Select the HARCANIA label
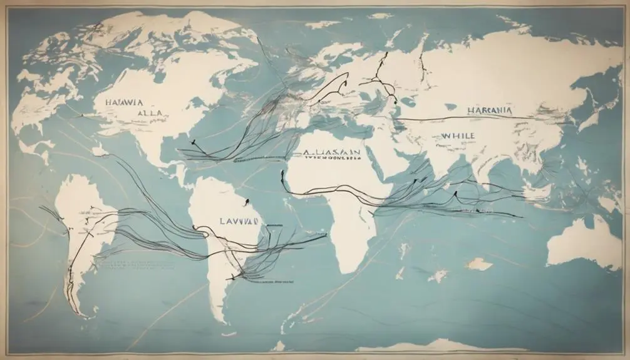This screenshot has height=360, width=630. coord(489,110)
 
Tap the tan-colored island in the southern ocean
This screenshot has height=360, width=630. coord(479,264)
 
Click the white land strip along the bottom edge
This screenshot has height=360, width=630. coord(438,346)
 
